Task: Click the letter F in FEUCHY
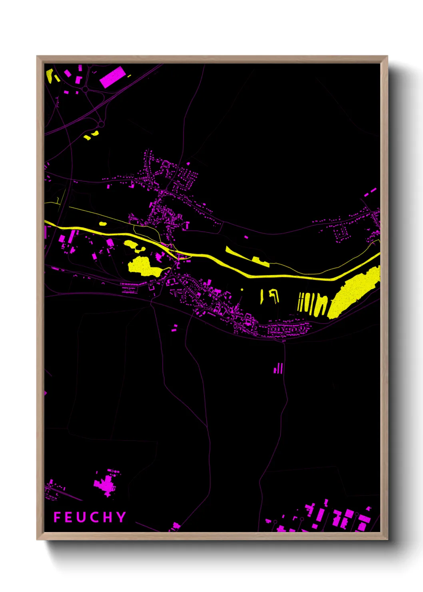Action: tap(57, 517)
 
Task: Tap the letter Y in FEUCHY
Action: tap(121, 517)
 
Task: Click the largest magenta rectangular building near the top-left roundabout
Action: tap(112, 77)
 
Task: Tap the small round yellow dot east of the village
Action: tap(242, 290)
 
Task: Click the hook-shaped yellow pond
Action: tap(274, 295)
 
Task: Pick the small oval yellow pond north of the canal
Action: tap(103, 224)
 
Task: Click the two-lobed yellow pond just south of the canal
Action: tap(134, 246)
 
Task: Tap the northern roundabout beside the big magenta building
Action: tap(85, 90)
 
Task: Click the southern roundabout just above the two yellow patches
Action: tap(101, 124)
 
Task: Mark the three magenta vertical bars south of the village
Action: tap(279, 368)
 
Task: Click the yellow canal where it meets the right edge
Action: tap(377, 256)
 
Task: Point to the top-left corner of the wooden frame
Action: tap(37, 56)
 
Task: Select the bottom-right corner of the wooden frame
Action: tap(387, 539)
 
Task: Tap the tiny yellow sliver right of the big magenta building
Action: tap(129, 76)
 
